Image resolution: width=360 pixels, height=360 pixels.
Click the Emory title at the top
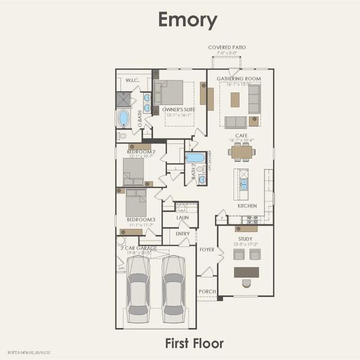(187, 20)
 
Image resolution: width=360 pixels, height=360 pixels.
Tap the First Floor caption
(194, 343)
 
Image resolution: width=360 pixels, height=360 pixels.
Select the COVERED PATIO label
(227, 47)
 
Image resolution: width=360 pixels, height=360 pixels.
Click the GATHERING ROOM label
(239, 79)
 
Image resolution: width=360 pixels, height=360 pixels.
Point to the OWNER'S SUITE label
(178, 109)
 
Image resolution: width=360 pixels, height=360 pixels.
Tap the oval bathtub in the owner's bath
(124, 118)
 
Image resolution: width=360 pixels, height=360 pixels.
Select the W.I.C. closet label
(133, 79)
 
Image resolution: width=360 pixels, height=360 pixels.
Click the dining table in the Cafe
(242, 152)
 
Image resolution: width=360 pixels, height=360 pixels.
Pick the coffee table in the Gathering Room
(235, 99)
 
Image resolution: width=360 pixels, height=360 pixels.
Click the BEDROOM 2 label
(142, 152)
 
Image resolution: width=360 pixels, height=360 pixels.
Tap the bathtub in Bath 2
(195, 158)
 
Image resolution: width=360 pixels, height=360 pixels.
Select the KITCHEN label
(247, 206)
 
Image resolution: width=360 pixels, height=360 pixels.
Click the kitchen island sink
(244, 184)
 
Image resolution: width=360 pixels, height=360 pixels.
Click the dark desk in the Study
(247, 272)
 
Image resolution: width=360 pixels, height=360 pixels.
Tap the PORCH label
(206, 292)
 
